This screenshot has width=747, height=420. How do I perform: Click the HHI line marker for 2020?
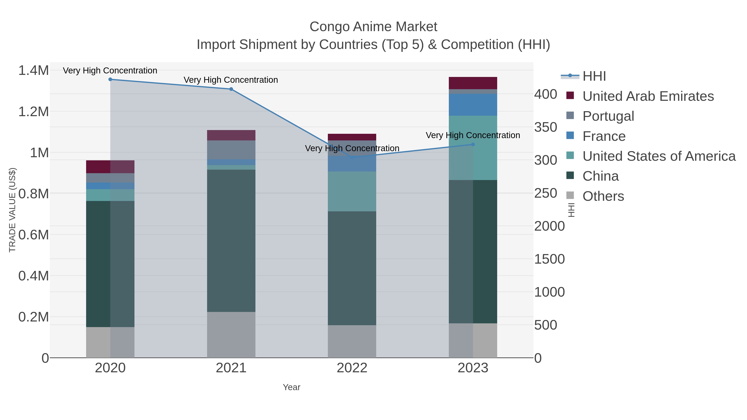tap(110, 79)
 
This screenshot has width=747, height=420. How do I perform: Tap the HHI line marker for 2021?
tap(231, 89)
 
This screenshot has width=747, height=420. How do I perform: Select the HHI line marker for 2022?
tap(352, 157)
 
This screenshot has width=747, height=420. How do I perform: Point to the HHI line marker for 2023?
tap(473, 144)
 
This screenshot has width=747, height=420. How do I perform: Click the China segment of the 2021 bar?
tap(231, 241)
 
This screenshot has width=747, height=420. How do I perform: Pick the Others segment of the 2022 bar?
tap(352, 341)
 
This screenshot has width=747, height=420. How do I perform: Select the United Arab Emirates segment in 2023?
tap(473, 83)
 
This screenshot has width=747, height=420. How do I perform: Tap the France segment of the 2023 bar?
tap(473, 105)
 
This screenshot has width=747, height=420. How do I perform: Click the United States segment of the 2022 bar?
tap(352, 191)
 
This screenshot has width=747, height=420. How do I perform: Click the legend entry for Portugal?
tap(608, 116)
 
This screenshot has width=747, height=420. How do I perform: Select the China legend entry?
tap(600, 176)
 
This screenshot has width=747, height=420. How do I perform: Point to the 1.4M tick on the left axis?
tap(33, 71)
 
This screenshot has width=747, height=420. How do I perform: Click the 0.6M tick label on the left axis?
tap(33, 235)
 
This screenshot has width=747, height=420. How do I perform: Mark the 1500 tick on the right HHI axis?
tap(549, 259)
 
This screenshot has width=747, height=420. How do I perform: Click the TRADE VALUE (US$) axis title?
tap(12, 210)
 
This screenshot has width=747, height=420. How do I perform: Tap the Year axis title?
tap(292, 387)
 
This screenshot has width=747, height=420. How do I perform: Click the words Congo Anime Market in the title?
tap(373, 27)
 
